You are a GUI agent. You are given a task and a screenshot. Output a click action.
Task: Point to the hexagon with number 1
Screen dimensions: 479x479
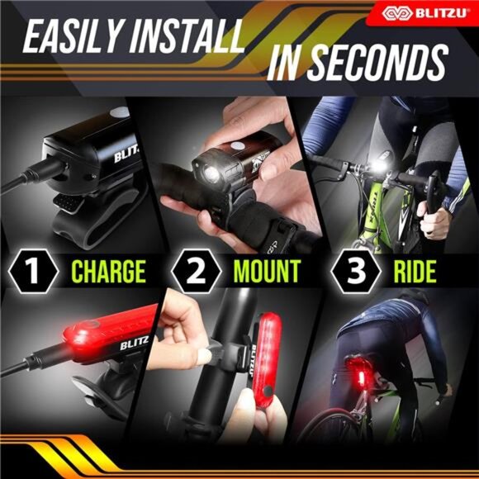click(34, 270)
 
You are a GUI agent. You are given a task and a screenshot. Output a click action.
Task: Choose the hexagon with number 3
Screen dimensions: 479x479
click(351, 270)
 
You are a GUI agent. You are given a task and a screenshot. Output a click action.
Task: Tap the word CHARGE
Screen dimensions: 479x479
click(108, 270)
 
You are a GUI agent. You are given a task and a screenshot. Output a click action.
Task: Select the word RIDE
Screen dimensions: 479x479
click(410, 270)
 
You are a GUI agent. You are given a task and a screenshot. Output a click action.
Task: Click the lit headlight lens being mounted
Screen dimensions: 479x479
click(207, 175)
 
